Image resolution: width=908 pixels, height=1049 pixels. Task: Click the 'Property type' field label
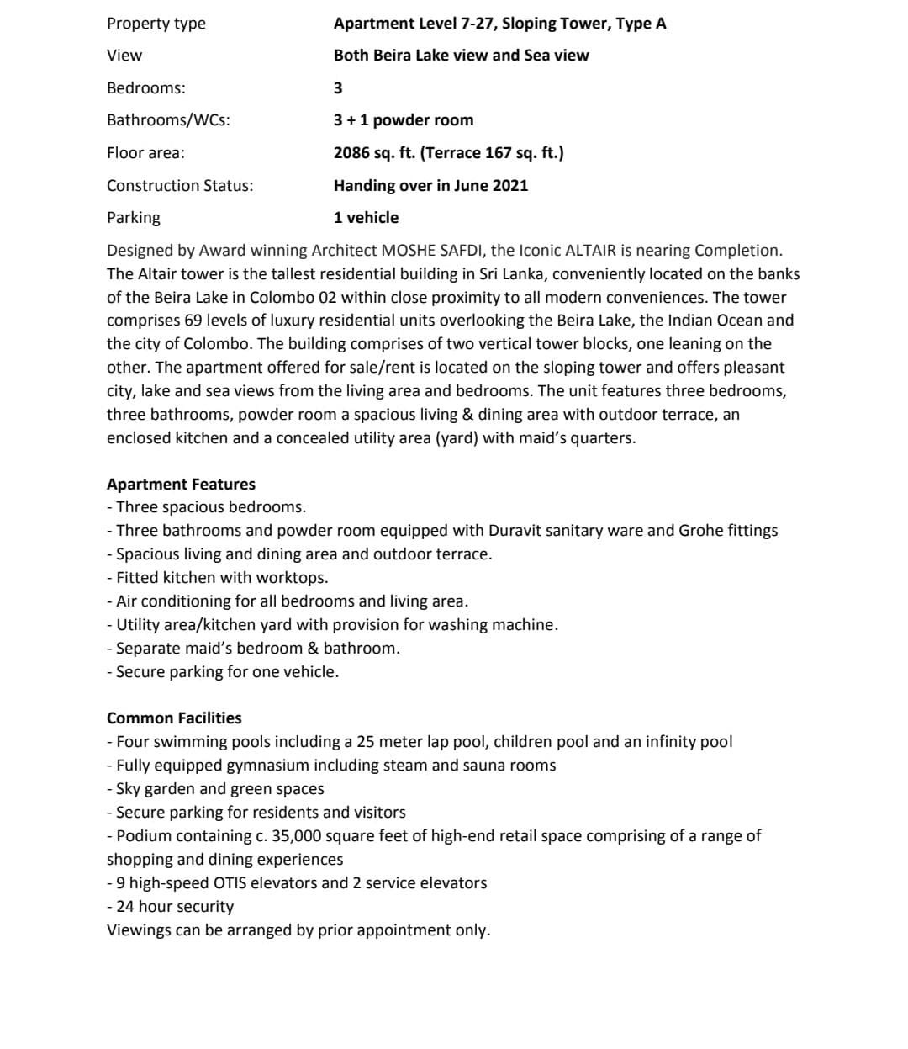point(156,24)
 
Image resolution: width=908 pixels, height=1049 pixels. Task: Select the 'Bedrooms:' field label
point(146,87)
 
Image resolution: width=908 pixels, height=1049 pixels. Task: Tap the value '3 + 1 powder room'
point(404,120)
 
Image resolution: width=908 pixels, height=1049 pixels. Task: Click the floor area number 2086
point(351,153)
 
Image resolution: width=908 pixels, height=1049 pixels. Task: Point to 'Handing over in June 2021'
point(430,185)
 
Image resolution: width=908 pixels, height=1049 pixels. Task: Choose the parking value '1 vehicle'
point(366,218)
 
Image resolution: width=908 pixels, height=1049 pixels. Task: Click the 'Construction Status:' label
point(180,185)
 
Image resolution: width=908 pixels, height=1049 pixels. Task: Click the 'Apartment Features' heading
point(181,485)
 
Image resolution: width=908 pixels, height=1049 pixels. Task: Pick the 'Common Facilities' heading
point(174,718)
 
